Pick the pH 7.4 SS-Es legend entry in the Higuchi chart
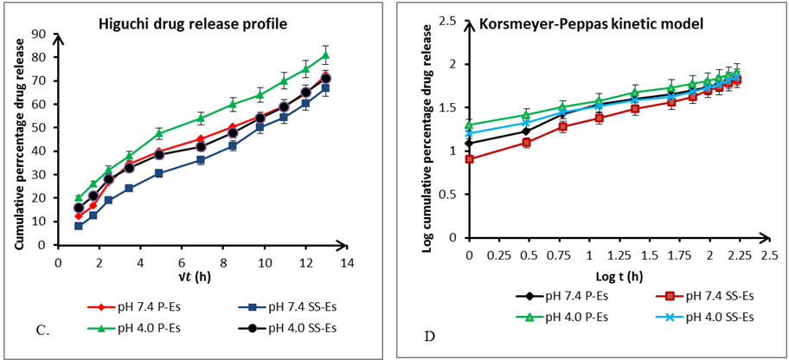pos(285,306)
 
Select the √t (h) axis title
pos(201,275)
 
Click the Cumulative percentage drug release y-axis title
pos(18,139)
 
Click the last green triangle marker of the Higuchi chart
pos(325,56)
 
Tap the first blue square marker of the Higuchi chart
pos(79,226)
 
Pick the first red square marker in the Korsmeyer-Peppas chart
pos(470,159)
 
